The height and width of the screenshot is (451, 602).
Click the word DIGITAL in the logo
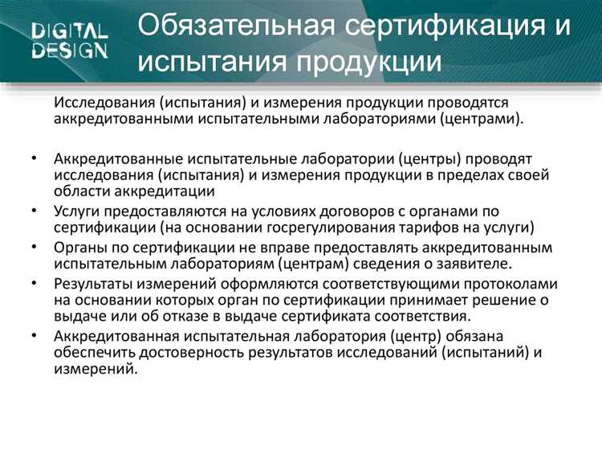[70, 32]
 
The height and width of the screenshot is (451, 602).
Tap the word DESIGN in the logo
[70, 51]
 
